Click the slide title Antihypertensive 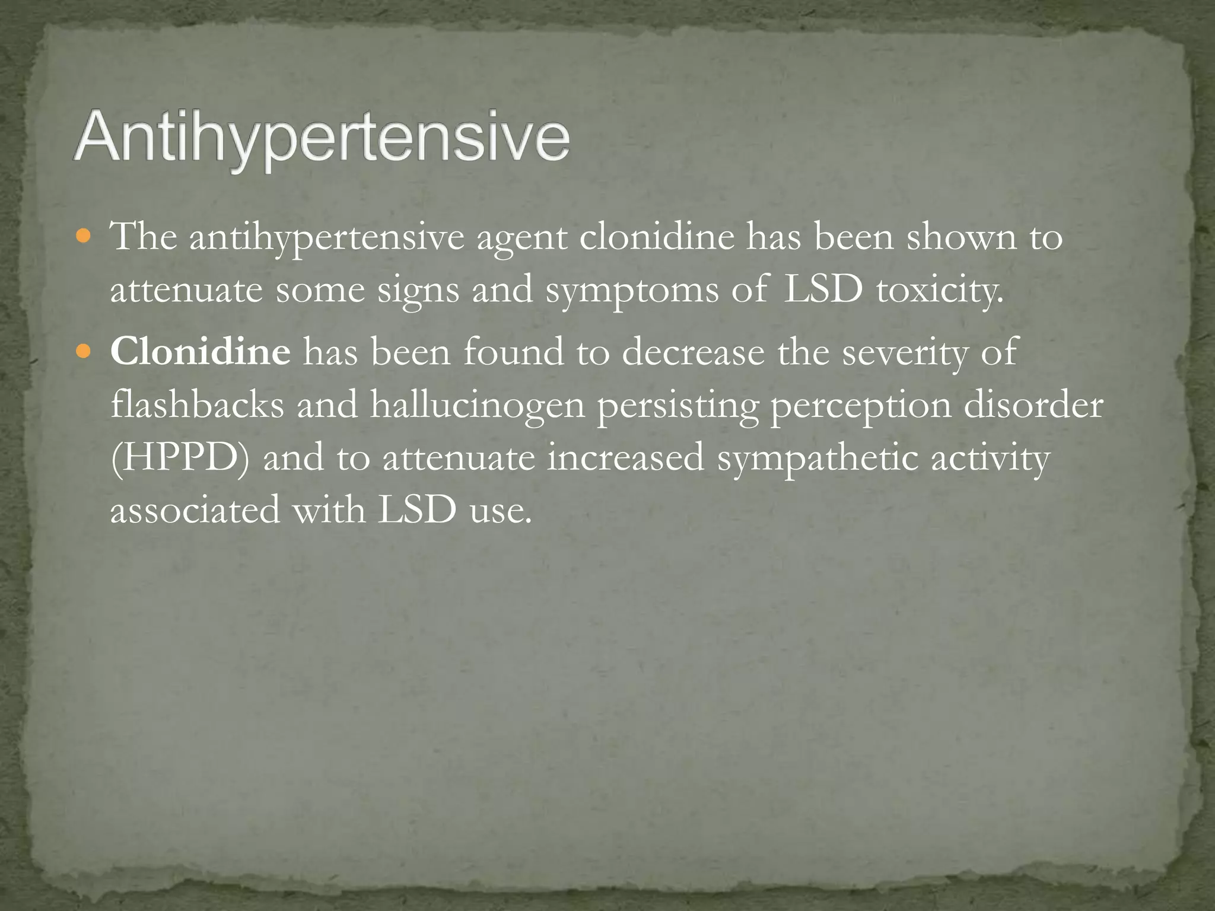tap(322, 140)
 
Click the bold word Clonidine tap(201, 352)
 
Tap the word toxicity tap(940, 292)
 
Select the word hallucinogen tap(478, 406)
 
